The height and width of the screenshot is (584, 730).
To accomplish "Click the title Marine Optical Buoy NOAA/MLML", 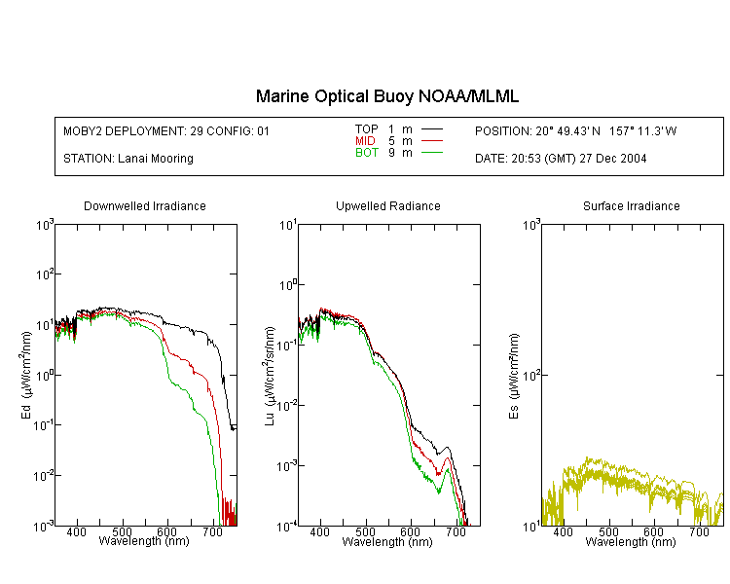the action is click(386, 96).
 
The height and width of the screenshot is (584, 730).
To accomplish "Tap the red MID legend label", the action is click(365, 140).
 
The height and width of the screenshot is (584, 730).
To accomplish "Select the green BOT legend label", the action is click(366, 153).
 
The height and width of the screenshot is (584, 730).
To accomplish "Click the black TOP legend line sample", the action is click(431, 129).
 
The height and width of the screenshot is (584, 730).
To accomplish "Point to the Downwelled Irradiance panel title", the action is click(145, 205).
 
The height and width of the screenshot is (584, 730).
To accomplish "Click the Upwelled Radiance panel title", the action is click(387, 205).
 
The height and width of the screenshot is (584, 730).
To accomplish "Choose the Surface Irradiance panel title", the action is click(632, 205).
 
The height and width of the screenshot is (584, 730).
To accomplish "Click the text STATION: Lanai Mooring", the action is click(128, 159).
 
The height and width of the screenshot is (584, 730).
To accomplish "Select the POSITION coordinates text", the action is click(575, 130).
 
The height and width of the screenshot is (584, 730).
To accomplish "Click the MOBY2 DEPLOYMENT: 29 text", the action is click(132, 130).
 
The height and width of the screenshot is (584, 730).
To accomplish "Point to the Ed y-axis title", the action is click(26, 375).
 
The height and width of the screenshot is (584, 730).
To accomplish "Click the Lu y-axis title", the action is click(270, 376).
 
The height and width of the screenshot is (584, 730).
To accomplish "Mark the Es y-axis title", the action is click(514, 376).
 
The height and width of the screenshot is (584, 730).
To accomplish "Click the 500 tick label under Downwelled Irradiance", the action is click(122, 531).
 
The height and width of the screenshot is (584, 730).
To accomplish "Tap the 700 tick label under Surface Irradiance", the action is click(699, 531).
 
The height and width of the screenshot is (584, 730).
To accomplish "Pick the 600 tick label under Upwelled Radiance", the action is click(410, 531).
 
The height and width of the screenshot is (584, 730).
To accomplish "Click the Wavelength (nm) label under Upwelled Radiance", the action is click(387, 542).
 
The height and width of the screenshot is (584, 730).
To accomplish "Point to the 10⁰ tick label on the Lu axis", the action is click(289, 284).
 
